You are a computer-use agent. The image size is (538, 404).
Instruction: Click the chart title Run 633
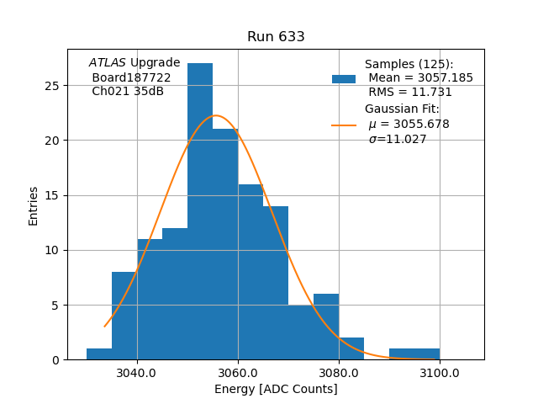click(x=276, y=37)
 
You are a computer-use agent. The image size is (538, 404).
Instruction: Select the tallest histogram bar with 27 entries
click(x=200, y=210)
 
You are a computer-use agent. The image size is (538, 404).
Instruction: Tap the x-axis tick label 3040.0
click(x=137, y=373)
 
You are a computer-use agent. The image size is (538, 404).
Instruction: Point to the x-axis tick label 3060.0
click(x=238, y=373)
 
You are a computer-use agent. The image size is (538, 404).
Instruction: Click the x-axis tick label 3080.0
click(x=339, y=373)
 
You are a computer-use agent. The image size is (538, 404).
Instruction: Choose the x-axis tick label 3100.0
click(x=440, y=373)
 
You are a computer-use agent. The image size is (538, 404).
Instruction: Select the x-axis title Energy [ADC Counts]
click(x=276, y=389)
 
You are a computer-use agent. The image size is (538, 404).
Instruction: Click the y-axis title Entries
click(x=34, y=205)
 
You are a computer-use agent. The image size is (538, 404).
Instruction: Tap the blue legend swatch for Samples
click(x=344, y=79)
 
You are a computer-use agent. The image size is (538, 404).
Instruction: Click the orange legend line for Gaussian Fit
click(x=344, y=125)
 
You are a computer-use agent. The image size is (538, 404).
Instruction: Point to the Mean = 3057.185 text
click(x=420, y=78)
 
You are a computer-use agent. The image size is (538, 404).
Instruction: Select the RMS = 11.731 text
click(x=409, y=93)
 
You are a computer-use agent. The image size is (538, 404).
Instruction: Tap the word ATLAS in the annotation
click(x=107, y=63)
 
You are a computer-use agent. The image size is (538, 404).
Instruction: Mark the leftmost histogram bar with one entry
click(x=99, y=354)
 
